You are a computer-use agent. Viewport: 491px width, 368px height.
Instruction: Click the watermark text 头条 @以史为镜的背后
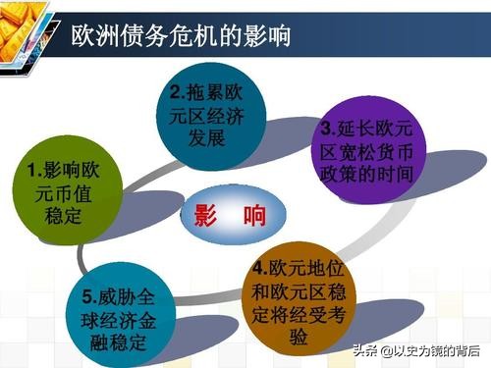coord(425,350)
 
